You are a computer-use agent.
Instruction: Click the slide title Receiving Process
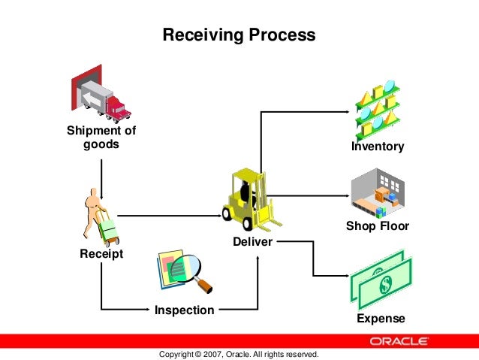pos(239,35)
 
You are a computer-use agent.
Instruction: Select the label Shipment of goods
pos(101,138)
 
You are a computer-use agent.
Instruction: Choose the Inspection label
pos(184,310)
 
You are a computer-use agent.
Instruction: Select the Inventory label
pos(378,147)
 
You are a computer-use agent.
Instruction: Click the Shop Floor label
pos(378,226)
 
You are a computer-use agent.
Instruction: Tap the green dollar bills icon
pos(382,279)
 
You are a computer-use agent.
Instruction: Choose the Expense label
pos(381,319)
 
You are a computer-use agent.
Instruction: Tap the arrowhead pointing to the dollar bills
pos(346,274)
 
